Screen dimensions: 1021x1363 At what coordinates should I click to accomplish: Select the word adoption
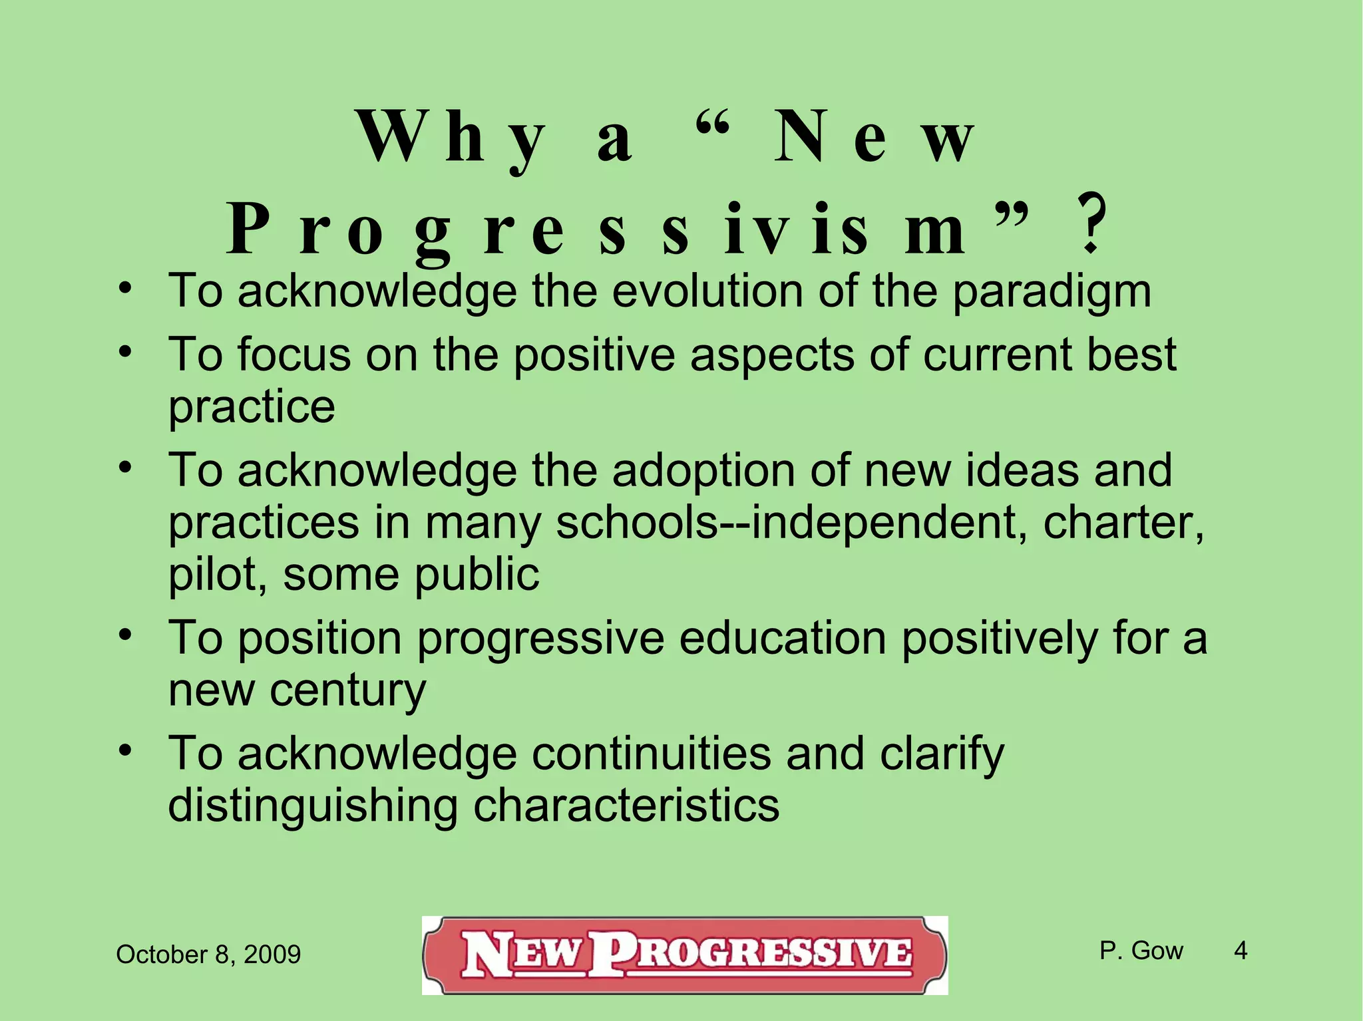(703, 470)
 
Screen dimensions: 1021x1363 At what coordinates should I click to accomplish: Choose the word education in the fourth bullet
(783, 638)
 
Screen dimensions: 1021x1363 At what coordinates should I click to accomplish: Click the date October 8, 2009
(208, 954)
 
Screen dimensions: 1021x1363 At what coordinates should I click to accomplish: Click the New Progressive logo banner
(685, 955)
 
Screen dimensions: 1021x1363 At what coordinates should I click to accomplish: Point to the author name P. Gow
(1141, 950)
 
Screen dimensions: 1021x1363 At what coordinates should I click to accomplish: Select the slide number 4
(1241, 950)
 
